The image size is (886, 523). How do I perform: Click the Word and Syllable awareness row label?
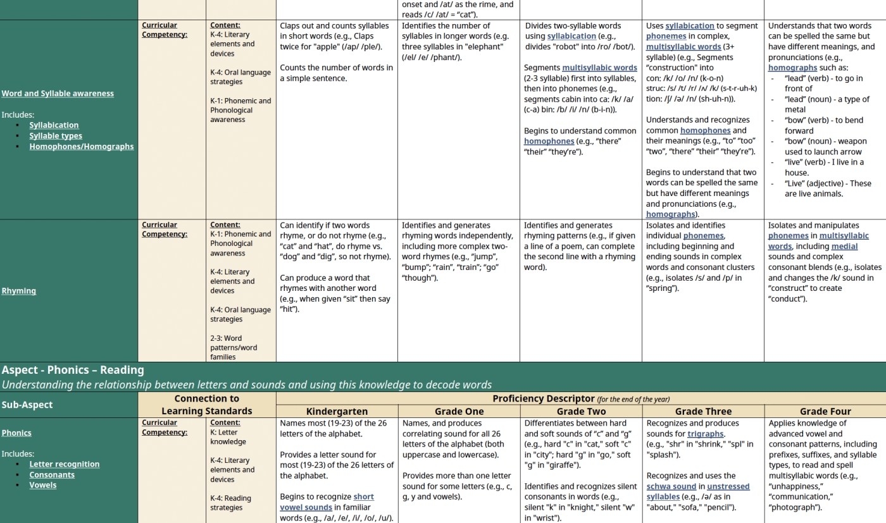click(58, 94)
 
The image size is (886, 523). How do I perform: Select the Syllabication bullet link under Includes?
click(54, 125)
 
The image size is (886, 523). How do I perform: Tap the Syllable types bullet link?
click(56, 136)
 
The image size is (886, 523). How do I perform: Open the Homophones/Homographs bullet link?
click(82, 147)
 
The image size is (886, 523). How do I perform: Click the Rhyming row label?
click(18, 291)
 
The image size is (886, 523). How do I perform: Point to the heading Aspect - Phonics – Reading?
click(73, 370)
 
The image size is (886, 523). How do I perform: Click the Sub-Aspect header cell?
click(27, 405)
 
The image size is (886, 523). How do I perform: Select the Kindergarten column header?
click(337, 411)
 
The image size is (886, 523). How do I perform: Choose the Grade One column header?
click(459, 411)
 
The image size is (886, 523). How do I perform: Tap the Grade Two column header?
click(581, 411)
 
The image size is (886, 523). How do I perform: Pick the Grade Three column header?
click(703, 411)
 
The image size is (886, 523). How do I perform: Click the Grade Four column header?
click(825, 411)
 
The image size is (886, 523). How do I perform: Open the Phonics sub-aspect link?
click(16, 433)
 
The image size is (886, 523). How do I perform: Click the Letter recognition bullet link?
click(65, 464)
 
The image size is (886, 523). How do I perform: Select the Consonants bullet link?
click(52, 475)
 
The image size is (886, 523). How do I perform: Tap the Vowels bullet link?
click(43, 485)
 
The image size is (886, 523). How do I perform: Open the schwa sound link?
click(671, 486)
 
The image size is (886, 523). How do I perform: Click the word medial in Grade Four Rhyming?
click(844, 247)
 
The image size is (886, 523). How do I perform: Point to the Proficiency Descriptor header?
click(544, 399)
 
